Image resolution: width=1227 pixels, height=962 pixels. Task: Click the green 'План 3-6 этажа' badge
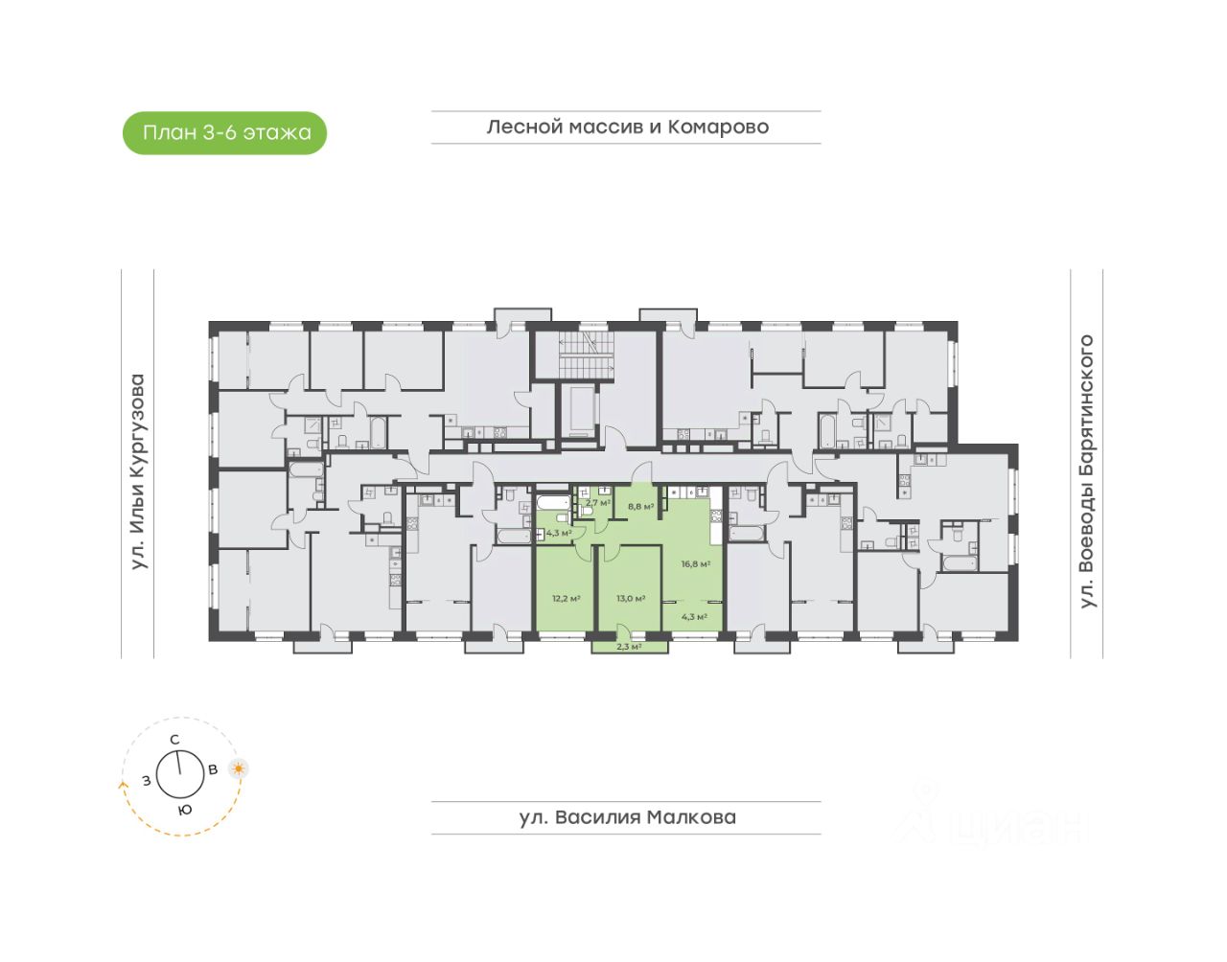pos(225,133)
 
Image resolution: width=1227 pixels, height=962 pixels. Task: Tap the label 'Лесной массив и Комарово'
pos(627,126)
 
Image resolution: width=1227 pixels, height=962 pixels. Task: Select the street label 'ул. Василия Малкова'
pos(627,817)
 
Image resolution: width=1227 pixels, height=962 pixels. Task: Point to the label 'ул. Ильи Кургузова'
pos(138,471)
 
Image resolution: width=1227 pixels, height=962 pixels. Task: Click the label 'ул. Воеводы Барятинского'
pos(1086,471)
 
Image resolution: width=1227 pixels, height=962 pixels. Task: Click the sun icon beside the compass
pos(238,767)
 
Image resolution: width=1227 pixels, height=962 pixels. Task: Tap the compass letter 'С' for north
pos(174,739)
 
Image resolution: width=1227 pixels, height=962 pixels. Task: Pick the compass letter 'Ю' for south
pos(185,810)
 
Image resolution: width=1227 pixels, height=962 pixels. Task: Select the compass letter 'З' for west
pos(147,780)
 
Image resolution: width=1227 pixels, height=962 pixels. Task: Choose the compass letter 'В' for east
pos(214,768)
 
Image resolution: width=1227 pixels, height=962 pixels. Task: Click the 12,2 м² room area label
pos(565,598)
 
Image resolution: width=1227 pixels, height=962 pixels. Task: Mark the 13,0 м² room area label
pos(630,598)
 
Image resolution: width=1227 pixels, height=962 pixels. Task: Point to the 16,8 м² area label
pos(695,564)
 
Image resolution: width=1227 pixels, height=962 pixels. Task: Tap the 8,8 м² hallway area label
pos(640,506)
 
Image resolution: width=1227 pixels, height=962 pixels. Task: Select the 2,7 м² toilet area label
pos(598,502)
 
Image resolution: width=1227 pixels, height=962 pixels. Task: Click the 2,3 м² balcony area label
pos(628,647)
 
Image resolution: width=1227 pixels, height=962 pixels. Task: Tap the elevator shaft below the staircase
pos(578,411)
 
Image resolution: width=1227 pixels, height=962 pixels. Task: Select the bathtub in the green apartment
pos(553,504)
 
